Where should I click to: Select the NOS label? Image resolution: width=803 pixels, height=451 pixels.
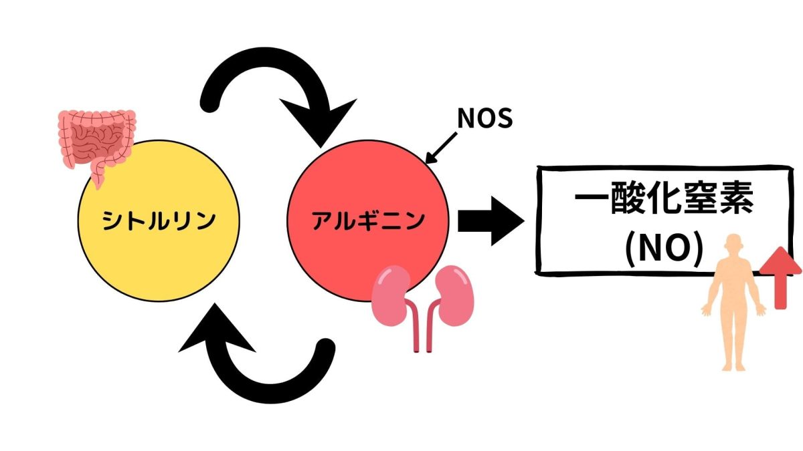[x=484, y=119]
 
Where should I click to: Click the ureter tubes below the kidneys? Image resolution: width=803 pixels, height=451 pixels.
[x=422, y=334]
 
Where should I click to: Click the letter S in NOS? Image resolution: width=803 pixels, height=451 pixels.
[x=505, y=119]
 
